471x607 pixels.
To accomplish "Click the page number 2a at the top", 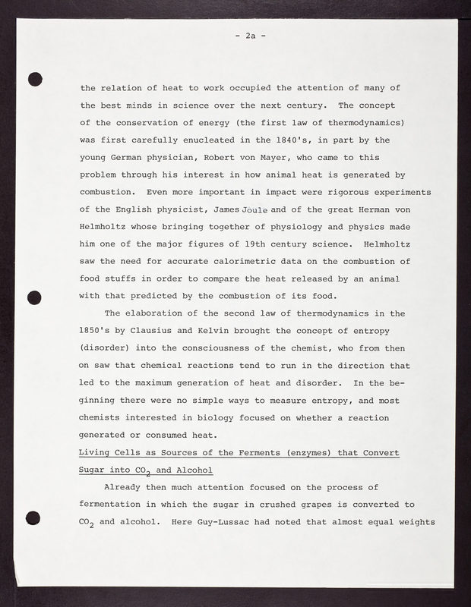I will [250, 36].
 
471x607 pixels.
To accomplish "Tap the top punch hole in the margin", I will [34, 79].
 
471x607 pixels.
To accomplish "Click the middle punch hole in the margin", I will [34, 297].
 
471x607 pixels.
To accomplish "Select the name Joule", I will [254, 209].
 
